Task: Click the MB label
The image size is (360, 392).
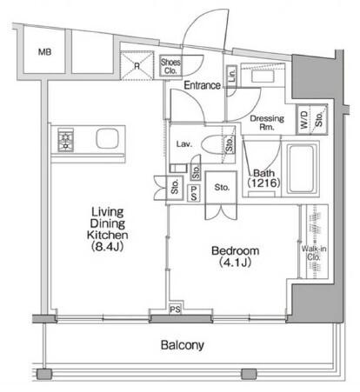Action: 45,52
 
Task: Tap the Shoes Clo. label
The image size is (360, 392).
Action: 170,66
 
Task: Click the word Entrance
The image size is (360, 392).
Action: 203,85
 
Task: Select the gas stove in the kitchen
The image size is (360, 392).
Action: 66,140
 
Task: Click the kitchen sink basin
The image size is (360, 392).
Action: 108,138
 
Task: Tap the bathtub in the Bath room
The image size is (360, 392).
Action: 302,169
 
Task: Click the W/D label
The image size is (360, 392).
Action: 303,120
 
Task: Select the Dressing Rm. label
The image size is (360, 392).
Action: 267,123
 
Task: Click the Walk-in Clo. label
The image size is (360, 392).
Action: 314,253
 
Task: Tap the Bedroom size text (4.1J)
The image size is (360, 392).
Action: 235,262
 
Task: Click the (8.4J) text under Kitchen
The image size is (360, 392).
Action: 108,246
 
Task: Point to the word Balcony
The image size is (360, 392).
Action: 183,345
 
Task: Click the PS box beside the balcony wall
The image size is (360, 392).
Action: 176,309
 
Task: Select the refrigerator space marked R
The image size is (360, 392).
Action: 137,65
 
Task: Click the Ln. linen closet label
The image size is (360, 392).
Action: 231,75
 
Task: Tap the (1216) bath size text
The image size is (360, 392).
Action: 263,183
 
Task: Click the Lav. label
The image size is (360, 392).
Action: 184,144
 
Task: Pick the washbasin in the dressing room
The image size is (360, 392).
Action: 262,76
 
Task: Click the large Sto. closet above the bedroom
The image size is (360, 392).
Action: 221,188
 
